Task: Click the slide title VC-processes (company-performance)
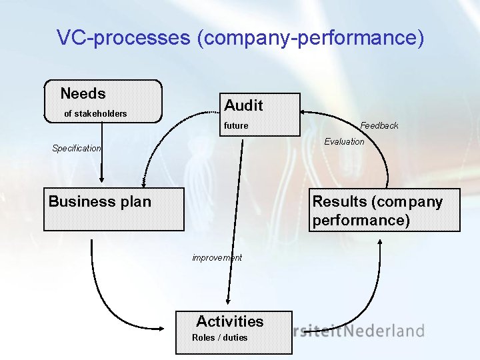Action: pyautogui.click(x=240, y=37)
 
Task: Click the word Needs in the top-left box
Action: pyautogui.click(x=83, y=93)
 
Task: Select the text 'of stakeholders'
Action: pyautogui.click(x=95, y=113)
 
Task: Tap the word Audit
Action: pyautogui.click(x=243, y=105)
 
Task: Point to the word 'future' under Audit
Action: pyautogui.click(x=236, y=125)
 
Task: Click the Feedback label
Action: pyautogui.click(x=379, y=125)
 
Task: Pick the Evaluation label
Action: pyautogui.click(x=344, y=141)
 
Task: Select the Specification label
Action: pyautogui.click(x=77, y=148)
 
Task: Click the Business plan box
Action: pyautogui.click(x=113, y=209)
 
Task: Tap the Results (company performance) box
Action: pyautogui.click(x=385, y=209)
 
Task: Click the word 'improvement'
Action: pyautogui.click(x=217, y=257)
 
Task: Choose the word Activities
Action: pyautogui.click(x=230, y=321)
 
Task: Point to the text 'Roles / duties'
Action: pyautogui.click(x=219, y=337)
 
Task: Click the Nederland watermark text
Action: pyautogui.click(x=389, y=330)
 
